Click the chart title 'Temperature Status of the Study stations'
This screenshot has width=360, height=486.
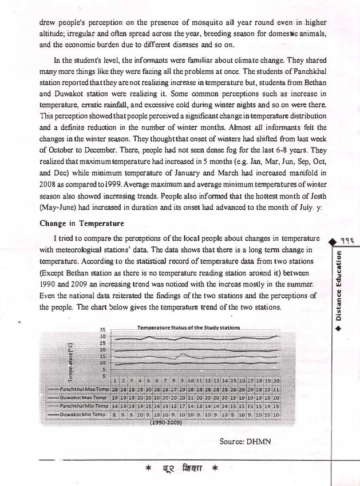pyautogui.click(x=188, y=328)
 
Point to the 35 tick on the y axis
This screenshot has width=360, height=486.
pyautogui.click(x=103, y=330)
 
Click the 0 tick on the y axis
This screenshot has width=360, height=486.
pyautogui.click(x=104, y=376)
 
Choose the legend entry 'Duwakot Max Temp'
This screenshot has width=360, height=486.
pyautogui.click(x=80, y=397)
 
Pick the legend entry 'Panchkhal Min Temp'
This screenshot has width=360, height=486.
pyautogui.click(x=80, y=405)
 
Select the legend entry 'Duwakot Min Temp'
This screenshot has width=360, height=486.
pyautogui.click(x=80, y=413)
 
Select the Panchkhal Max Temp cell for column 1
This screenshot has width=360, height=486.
pyautogui.click(x=116, y=389)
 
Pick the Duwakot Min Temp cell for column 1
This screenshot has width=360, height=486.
pyautogui.click(x=116, y=413)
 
